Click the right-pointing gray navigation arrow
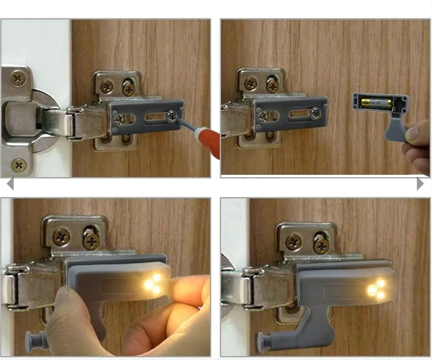pyautogui.click(x=420, y=184)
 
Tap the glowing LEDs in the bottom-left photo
pyautogui.click(x=153, y=282)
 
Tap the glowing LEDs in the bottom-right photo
pyautogui.click(x=376, y=289)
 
